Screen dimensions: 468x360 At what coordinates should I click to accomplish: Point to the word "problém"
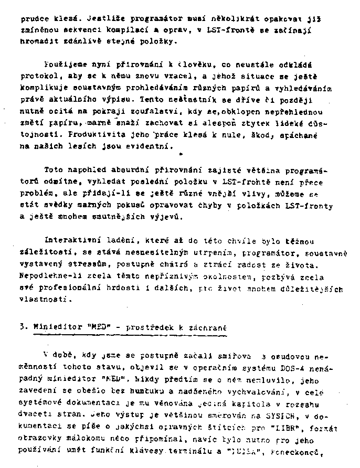35,194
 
